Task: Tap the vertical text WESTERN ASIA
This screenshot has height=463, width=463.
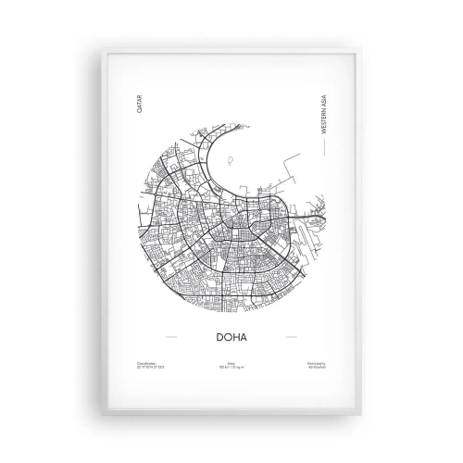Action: (324, 116)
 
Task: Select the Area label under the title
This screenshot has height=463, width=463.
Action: (231, 362)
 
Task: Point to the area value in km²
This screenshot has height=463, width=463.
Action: (231, 367)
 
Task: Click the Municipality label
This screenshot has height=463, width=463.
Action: (315, 362)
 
